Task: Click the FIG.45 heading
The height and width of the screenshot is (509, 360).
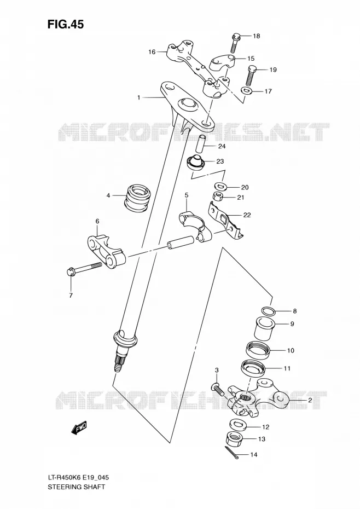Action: [65, 24]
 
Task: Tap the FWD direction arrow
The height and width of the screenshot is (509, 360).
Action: [79, 429]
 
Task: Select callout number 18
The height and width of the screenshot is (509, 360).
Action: [257, 36]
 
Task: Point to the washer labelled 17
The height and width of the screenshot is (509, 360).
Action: [247, 90]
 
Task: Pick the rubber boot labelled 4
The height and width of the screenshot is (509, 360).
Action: [137, 197]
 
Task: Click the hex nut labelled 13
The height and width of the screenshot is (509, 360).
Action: [235, 439]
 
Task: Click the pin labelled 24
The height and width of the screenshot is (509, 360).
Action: [201, 143]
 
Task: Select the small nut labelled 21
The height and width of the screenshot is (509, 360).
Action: [217, 196]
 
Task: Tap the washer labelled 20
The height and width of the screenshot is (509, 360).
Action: [220, 186]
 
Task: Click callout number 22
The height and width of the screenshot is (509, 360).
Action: [247, 215]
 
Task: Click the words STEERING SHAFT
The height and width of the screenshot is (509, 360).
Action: [76, 487]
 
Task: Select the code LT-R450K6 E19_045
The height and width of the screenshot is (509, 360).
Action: [78, 477]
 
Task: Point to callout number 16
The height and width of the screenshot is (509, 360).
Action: [152, 52]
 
